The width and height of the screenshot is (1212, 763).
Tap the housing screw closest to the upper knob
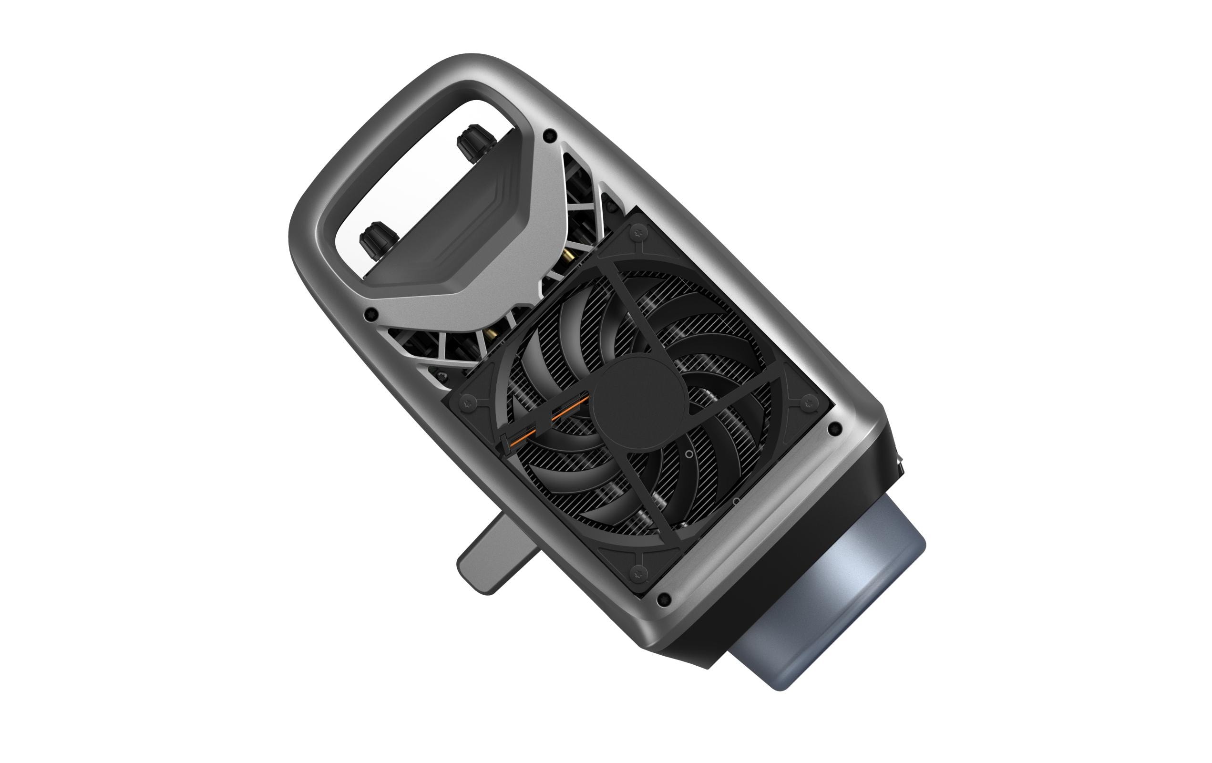551,134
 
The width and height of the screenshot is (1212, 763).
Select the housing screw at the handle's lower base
372,315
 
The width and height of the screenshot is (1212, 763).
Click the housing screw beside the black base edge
834,429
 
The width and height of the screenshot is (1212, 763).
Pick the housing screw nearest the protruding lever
664,599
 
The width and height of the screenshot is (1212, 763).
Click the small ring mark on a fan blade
688,454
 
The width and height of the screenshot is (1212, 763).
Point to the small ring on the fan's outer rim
735,502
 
